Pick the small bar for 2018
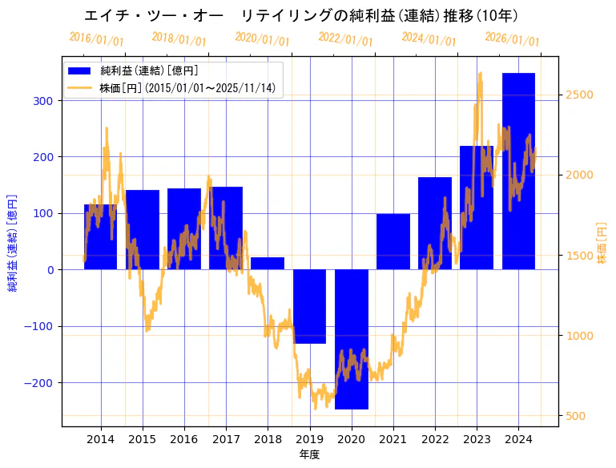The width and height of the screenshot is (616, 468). pyautogui.click(x=268, y=263)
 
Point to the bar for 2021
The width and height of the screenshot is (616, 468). pyautogui.click(x=393, y=241)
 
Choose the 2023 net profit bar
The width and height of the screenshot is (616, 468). pyautogui.click(x=477, y=208)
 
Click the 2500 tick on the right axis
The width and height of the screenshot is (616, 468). pyautogui.click(x=579, y=95)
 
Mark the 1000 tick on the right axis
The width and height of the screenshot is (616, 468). pyautogui.click(x=579, y=336)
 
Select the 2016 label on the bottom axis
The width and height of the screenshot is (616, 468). pyautogui.click(x=184, y=439)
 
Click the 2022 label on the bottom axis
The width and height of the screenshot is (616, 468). pyautogui.click(x=435, y=439)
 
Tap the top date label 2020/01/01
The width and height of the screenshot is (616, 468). pyautogui.click(x=262, y=39)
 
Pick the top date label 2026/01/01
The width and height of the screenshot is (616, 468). pyautogui.click(x=512, y=39)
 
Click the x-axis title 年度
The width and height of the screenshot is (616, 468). pyautogui.click(x=309, y=454)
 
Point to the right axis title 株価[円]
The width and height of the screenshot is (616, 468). pyautogui.click(x=602, y=244)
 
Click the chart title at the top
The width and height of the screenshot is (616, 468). pyautogui.click(x=300, y=16)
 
